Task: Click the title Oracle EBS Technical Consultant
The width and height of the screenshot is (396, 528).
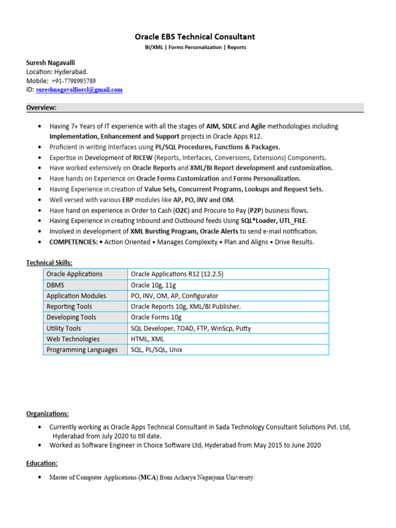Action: point(194,37)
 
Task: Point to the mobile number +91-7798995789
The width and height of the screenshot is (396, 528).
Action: point(73,81)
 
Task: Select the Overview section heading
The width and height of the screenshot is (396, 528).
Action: point(41,107)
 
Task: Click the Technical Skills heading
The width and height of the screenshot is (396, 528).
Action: point(49,263)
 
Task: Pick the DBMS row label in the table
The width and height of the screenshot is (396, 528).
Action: point(56,285)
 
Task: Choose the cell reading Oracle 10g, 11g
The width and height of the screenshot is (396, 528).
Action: point(154,285)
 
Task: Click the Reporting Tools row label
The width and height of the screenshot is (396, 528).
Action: point(69,306)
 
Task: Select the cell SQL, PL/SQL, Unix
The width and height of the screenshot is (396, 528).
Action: point(157,350)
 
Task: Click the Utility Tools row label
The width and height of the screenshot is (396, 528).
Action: point(63,328)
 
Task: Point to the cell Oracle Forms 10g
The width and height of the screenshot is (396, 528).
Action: point(156,317)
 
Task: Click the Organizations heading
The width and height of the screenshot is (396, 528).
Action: point(47,414)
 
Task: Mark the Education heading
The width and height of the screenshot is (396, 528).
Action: point(42,463)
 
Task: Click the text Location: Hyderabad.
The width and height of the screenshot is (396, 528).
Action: point(57,72)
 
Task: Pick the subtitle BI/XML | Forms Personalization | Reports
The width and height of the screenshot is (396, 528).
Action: point(194,47)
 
